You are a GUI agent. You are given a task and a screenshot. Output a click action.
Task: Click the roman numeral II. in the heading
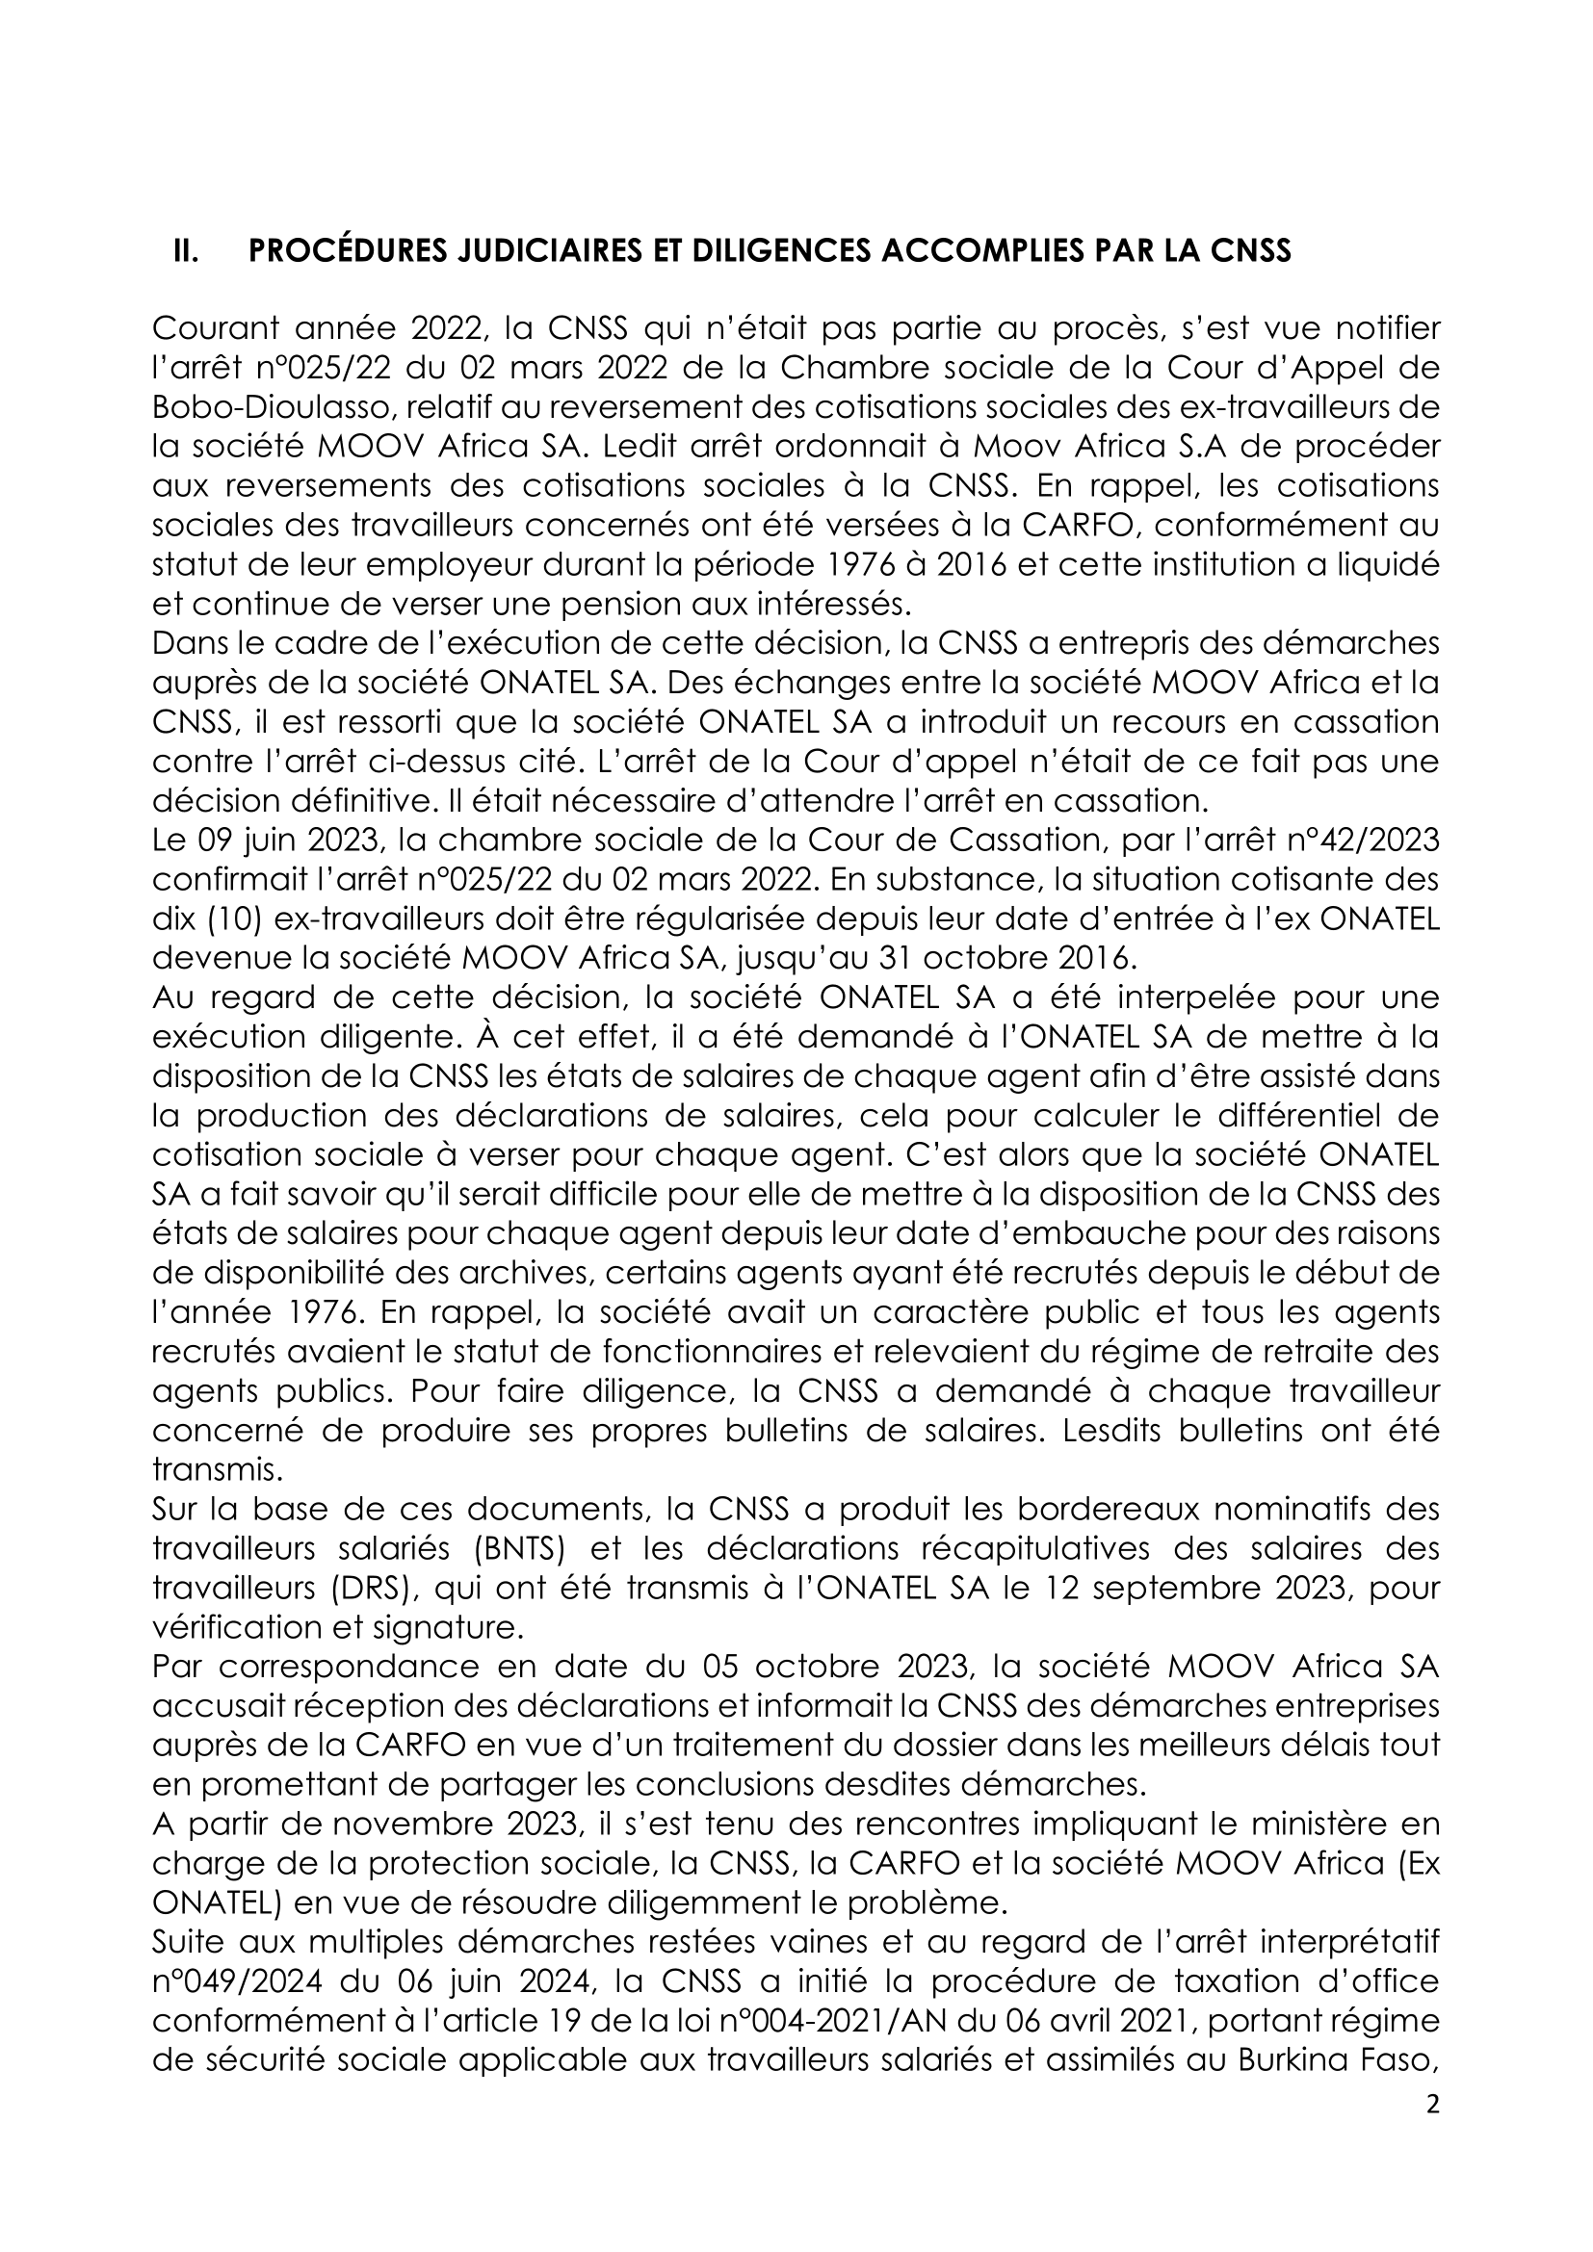point(183,252)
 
